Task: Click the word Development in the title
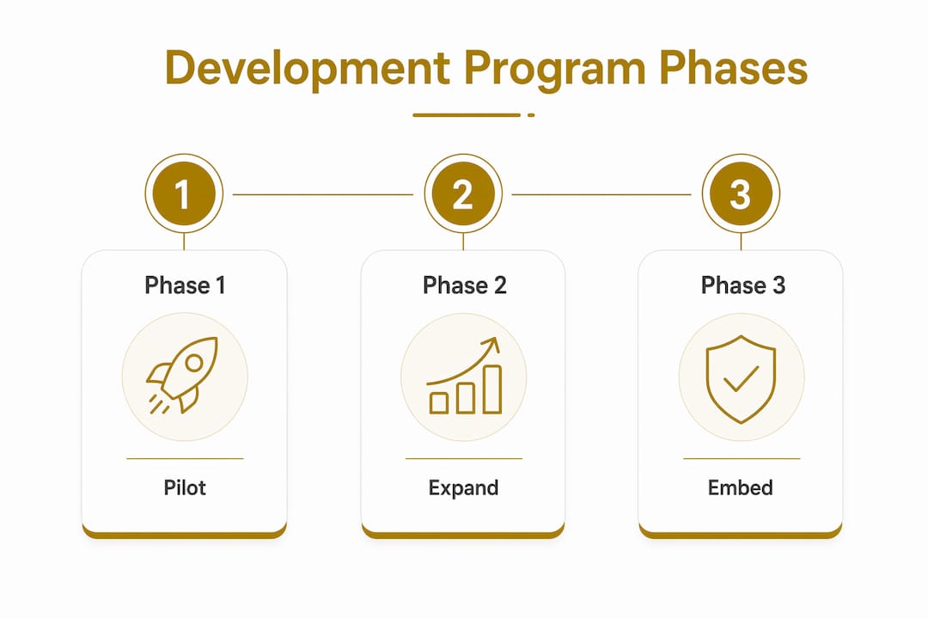tap(307, 68)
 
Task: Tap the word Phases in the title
tap(733, 68)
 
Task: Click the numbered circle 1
tap(184, 193)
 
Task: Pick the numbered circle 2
tap(463, 193)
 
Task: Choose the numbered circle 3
tap(741, 193)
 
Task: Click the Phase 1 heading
tap(185, 285)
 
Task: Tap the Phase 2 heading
tap(465, 285)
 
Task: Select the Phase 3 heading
tap(742, 285)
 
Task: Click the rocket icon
tap(183, 376)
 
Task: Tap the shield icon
tap(741, 379)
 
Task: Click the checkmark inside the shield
tap(741, 379)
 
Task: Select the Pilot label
tap(185, 487)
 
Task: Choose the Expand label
tap(463, 488)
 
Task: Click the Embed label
tap(741, 487)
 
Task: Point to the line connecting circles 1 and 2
tap(323, 194)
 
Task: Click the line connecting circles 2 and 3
tap(601, 194)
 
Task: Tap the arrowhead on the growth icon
tap(492, 345)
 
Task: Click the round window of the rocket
tap(193, 363)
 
